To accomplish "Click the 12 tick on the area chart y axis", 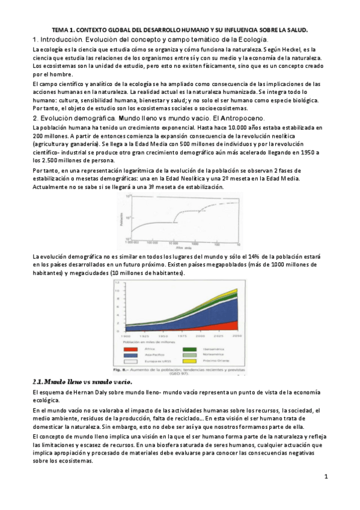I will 109,283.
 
